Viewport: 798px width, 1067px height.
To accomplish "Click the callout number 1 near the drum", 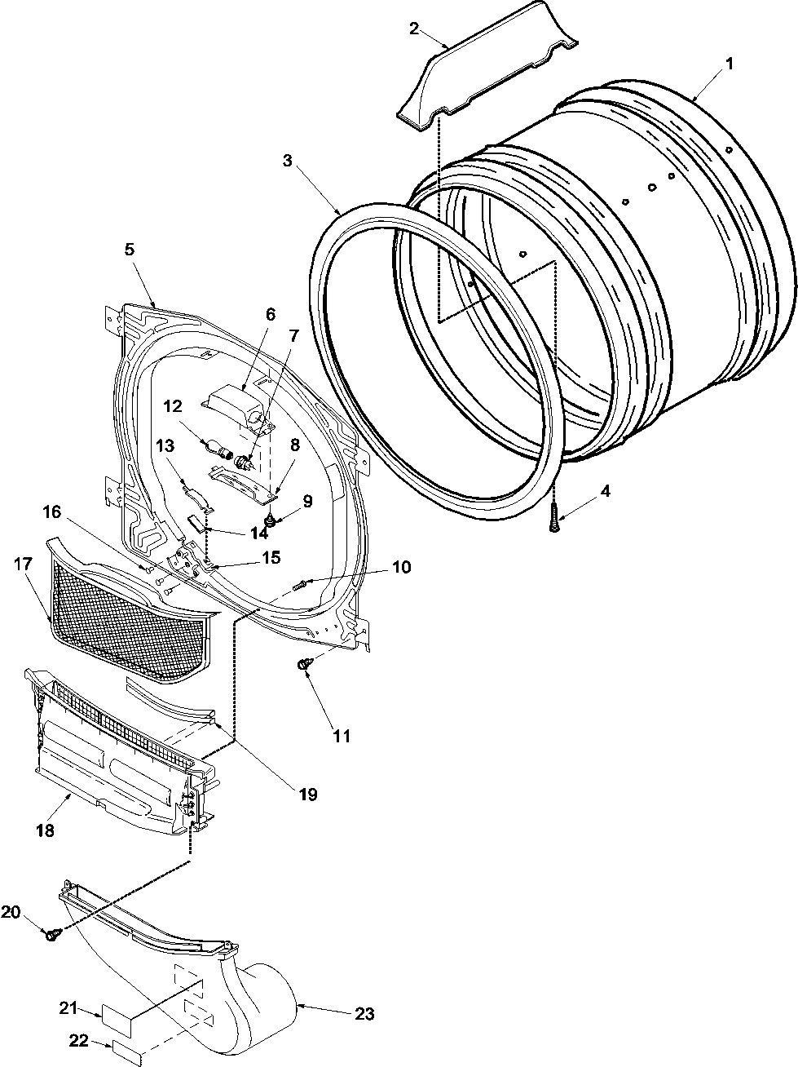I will (730, 63).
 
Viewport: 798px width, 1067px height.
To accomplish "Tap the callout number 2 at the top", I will (414, 29).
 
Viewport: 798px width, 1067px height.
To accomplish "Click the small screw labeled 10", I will (300, 585).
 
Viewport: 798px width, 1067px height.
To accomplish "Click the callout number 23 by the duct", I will (364, 1014).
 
